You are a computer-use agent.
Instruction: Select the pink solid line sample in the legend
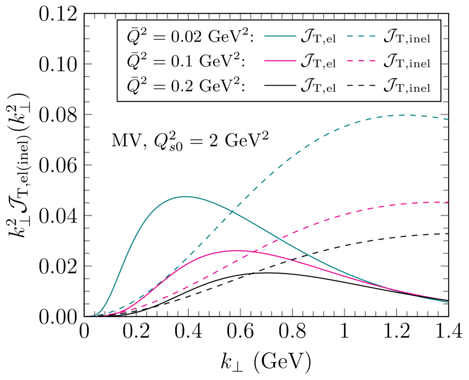pyautogui.click(x=280, y=61)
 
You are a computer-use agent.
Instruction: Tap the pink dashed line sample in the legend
pyautogui.click(x=362, y=61)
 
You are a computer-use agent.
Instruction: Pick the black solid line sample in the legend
pyautogui.click(x=280, y=86)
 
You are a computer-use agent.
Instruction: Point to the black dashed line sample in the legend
pyautogui.click(x=362, y=86)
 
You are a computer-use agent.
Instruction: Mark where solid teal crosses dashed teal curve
pyautogui.click(x=232, y=211)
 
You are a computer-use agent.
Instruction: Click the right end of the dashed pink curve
pyautogui.click(x=448, y=202)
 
